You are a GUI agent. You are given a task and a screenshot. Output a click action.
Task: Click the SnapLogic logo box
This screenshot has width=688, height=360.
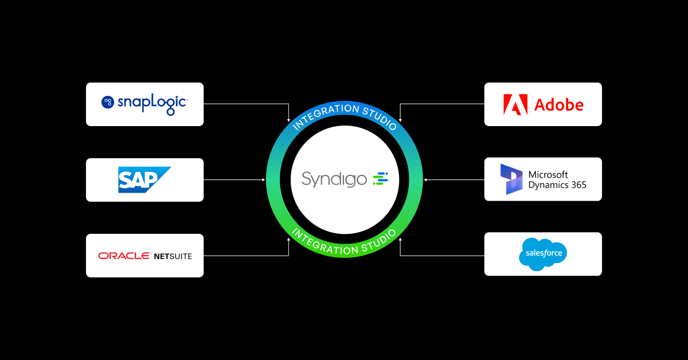144,104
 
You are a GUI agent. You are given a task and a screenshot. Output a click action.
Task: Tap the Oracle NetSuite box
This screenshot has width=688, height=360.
144,256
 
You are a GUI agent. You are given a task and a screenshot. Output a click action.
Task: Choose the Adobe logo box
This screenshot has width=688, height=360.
543,104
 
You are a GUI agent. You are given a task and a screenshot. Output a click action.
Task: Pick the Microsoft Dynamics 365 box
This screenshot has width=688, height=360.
543,179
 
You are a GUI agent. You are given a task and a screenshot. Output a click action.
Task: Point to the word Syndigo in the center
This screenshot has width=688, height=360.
334,179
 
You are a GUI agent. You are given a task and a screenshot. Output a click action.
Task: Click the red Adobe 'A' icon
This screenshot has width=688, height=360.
515,105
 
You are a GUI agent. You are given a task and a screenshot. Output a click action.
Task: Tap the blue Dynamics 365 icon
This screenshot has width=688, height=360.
511,179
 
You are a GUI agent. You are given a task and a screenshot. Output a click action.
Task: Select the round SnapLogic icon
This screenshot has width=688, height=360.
108,103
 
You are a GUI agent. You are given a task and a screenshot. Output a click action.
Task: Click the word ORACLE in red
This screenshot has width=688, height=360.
124,256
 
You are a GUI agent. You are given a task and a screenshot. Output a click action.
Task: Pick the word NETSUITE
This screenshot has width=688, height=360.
173,256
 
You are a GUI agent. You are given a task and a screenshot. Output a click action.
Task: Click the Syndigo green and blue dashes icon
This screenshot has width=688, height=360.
381,179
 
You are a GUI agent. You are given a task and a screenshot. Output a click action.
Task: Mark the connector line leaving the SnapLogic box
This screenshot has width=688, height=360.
247,104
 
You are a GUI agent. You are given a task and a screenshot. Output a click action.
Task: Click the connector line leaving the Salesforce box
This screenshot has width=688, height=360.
441,255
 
